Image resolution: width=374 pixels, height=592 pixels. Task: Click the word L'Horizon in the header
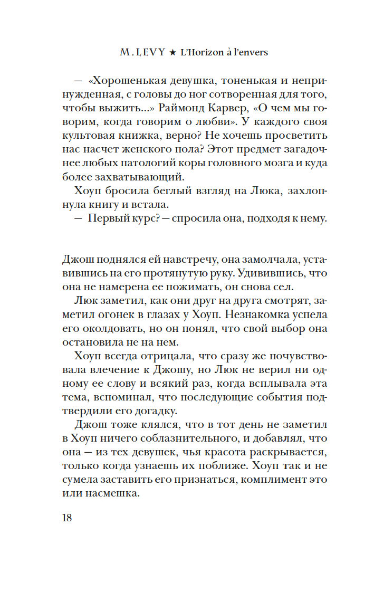[203, 53]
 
